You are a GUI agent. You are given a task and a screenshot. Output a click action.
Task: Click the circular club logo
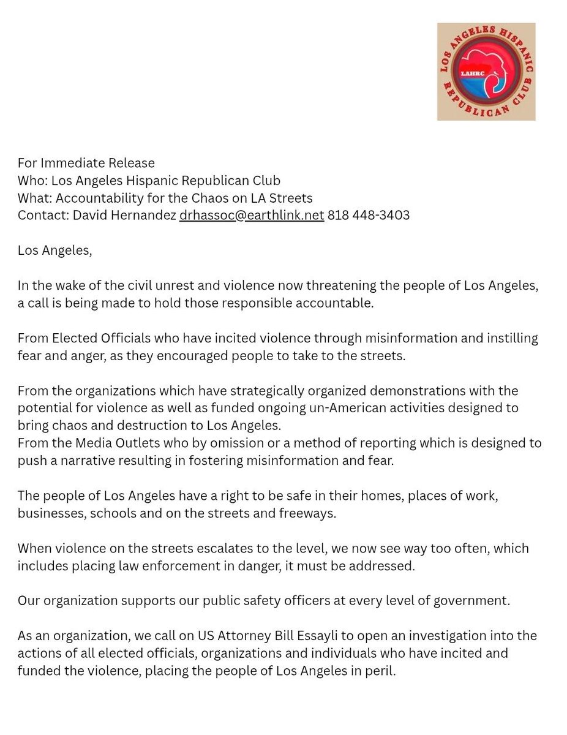click(x=486, y=72)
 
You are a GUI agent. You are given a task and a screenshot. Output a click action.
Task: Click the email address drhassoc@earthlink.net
click(x=251, y=216)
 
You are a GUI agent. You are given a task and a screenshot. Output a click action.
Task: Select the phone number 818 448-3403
click(x=369, y=216)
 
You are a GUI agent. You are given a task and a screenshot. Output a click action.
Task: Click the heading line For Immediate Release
click(x=86, y=163)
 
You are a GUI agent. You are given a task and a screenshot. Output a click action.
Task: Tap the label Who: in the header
click(x=32, y=181)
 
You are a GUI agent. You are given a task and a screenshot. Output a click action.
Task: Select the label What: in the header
click(x=35, y=198)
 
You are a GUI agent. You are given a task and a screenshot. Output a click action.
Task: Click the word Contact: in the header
click(x=43, y=216)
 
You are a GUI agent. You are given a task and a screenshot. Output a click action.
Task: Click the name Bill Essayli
click(x=282, y=636)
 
